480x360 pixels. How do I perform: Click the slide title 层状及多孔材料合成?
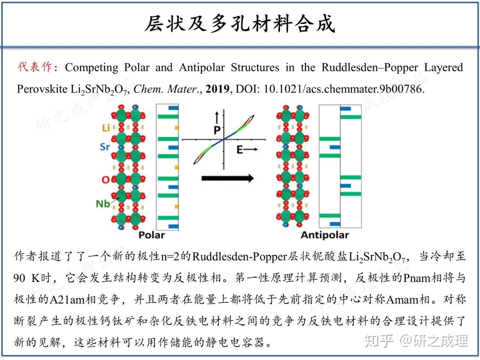(x=240, y=24)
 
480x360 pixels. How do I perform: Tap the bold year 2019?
(x=217, y=89)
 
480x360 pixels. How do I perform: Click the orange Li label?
(x=106, y=128)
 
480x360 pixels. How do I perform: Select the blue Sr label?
(x=105, y=147)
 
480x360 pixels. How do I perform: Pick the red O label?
(x=105, y=180)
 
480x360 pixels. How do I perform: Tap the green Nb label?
(x=103, y=204)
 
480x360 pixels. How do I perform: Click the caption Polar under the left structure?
(x=151, y=235)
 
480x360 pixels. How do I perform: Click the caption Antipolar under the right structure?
(x=325, y=235)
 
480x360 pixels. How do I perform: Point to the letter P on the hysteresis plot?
(x=217, y=130)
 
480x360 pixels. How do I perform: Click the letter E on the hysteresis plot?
(x=240, y=150)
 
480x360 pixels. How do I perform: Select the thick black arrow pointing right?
(x=227, y=178)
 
